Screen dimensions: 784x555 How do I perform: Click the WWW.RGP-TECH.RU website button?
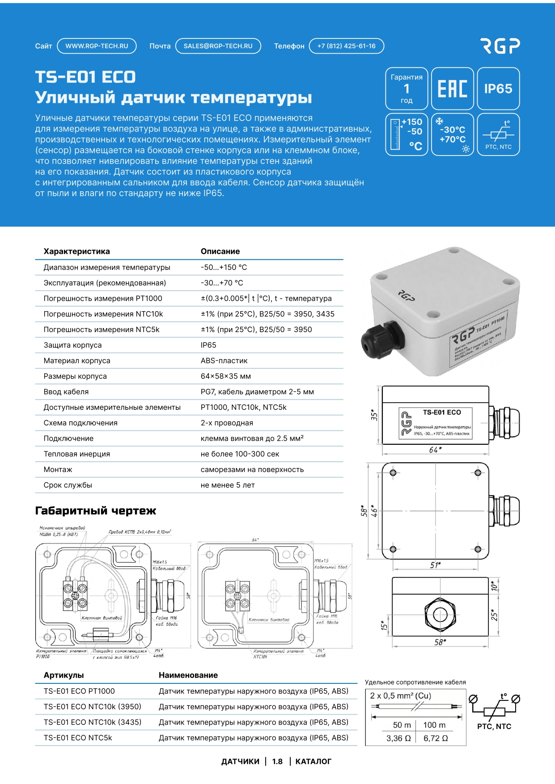97,46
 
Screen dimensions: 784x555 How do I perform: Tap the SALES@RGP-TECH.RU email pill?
218,46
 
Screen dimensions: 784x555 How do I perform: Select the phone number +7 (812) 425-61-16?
346,46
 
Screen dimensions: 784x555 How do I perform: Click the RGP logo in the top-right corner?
500,46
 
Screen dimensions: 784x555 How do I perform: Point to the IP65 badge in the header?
498,89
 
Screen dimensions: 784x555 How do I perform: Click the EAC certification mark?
452,89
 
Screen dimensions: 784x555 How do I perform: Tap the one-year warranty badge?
407,89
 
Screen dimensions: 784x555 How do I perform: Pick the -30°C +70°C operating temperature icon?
452,135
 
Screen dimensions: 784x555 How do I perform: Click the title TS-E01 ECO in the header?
85,77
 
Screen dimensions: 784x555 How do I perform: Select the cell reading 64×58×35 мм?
225,376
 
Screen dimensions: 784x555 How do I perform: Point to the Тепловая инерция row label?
76,454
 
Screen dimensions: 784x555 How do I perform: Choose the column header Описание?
220,251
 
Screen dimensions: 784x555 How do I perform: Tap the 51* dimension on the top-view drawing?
435,565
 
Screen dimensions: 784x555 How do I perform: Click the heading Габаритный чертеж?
96,511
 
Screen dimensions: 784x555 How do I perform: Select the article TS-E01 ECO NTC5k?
78,738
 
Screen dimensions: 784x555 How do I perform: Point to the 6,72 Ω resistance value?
435,738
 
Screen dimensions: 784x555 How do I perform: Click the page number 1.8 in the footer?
277,762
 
